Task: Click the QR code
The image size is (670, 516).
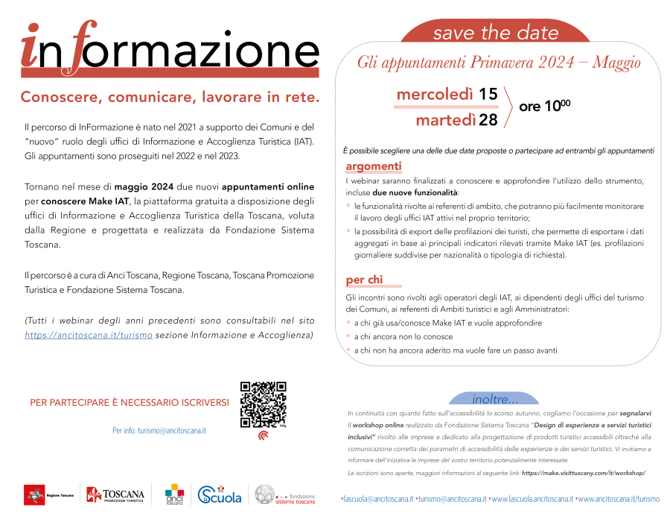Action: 264,404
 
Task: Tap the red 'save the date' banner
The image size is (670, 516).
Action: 496,32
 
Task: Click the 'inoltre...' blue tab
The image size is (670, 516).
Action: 495,398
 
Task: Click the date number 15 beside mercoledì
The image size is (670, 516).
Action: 488,94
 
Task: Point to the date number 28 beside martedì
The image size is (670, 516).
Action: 488,120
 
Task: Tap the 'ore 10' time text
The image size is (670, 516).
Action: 544,107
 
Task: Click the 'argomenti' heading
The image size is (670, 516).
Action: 374,166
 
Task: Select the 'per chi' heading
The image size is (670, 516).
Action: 364,280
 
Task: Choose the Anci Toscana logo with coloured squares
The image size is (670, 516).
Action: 173,494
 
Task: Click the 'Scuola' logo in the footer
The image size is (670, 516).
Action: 220,494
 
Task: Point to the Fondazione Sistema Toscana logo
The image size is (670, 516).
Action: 285,494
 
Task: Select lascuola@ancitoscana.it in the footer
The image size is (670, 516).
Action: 376,499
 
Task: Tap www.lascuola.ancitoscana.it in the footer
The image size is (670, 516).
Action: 532,499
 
